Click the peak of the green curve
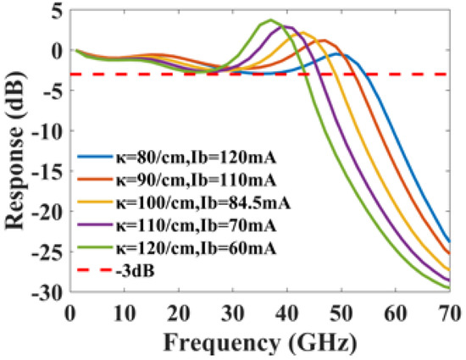pos(270,20)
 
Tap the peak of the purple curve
pos(288,27)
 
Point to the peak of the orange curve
pos(322,41)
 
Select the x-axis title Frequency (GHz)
pos(261,344)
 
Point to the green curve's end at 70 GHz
pos(448,288)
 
